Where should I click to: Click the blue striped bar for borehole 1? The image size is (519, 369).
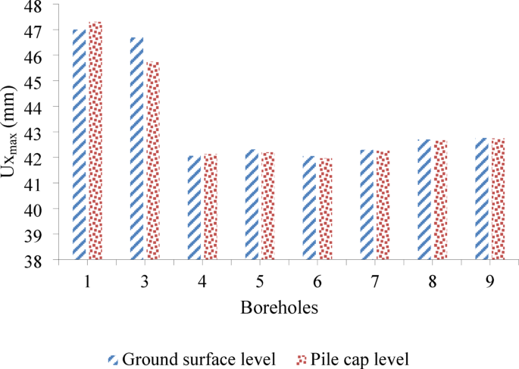pos(80,145)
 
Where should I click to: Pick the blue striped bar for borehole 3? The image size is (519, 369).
pos(137,149)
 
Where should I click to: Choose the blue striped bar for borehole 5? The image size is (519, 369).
pos(252,205)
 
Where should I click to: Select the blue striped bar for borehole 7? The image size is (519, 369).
pos(367,205)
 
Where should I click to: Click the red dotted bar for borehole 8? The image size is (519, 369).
pos(439,200)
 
